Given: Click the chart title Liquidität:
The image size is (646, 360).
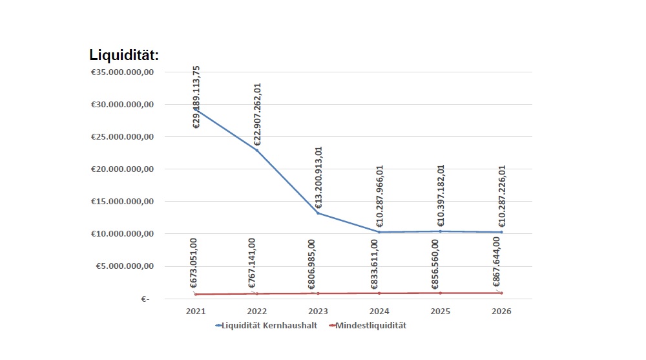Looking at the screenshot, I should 124,56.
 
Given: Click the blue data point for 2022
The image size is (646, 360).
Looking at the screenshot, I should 257,150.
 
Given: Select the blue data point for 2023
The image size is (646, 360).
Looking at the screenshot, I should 318,213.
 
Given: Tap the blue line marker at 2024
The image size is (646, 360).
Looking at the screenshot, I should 379,232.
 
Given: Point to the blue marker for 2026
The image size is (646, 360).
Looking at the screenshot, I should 501,232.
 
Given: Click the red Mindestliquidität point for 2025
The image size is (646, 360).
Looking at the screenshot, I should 441,293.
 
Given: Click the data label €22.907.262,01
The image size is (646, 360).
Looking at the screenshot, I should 257,114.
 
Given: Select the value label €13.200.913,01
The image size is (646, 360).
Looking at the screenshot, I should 318,177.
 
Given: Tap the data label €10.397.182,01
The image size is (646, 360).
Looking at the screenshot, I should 441,196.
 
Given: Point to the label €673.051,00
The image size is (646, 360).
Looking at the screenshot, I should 194,263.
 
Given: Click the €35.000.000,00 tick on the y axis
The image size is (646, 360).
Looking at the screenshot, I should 122,72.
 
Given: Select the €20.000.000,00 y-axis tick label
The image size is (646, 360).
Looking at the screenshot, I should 122,169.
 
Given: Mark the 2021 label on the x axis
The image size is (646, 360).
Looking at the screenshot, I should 196,312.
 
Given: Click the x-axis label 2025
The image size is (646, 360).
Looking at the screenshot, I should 441,312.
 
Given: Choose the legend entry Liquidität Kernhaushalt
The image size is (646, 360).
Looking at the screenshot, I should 266,326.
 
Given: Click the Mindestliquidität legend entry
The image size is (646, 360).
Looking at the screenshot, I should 368,326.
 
